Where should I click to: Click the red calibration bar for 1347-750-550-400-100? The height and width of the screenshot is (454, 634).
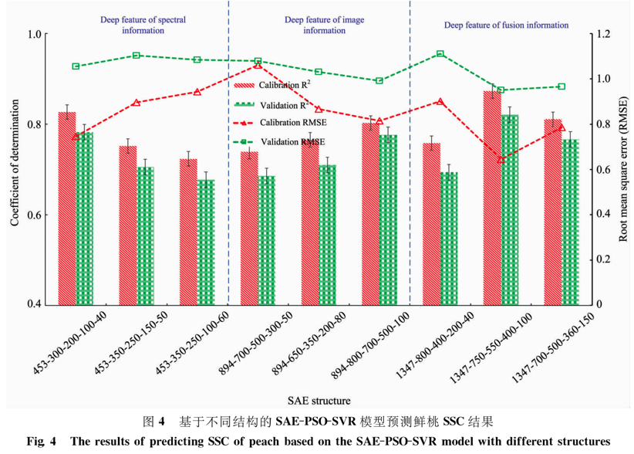pos(492,198)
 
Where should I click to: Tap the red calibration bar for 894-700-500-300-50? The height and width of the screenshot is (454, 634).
pos(249,228)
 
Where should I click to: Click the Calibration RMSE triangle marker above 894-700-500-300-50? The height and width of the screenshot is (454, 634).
pos(258,65)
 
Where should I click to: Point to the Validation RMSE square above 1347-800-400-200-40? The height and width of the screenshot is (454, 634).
pos(440,54)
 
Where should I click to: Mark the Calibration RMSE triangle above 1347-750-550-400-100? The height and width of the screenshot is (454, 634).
pos(501,159)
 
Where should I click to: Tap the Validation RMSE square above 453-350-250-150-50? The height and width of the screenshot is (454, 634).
pos(137,56)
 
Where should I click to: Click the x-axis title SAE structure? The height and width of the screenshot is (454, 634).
pos(319,401)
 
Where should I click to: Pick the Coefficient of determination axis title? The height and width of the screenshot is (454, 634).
pos(15,169)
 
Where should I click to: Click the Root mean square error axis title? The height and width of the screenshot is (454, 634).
pos(623,169)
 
